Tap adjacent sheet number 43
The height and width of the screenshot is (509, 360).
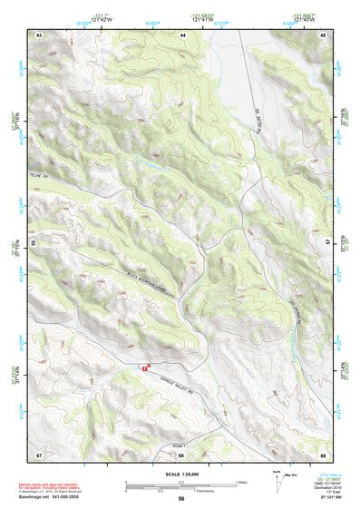(39, 34)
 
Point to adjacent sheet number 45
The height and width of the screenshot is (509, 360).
(323, 34)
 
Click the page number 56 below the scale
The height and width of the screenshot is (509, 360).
(182, 499)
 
